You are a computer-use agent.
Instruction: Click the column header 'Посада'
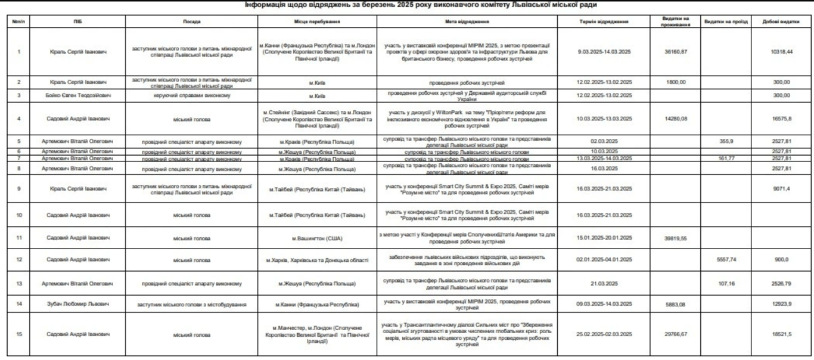tap(192, 21)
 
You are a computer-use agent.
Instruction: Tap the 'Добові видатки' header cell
tap(781, 21)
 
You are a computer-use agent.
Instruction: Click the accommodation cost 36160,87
tap(676, 52)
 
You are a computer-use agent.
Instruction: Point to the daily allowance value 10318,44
tap(781, 52)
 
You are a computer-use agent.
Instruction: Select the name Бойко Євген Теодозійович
tap(78, 95)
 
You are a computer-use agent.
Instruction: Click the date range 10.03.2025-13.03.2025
tap(606, 118)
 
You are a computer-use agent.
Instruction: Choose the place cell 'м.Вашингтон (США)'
tap(317, 238)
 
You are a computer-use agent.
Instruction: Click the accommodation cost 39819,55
tap(676, 238)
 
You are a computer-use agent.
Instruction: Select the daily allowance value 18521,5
tap(781, 334)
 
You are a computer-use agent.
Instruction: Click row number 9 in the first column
tap(19, 189)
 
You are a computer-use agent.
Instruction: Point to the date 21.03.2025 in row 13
tap(606, 283)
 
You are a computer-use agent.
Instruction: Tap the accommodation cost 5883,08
tap(676, 304)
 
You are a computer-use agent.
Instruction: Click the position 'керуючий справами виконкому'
tap(192, 95)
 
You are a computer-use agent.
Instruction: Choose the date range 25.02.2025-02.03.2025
tap(606, 334)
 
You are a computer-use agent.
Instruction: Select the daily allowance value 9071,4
tap(781, 189)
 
